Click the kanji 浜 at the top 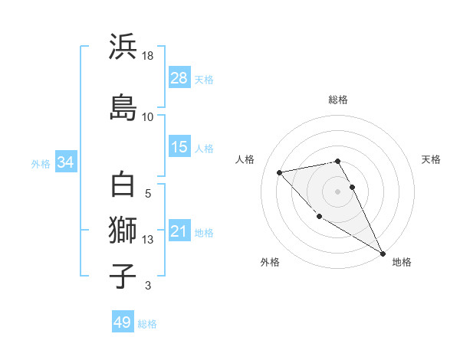click(x=123, y=47)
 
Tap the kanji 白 click(x=123, y=185)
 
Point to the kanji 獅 click(x=123, y=229)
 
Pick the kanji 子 click(x=123, y=276)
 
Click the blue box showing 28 click(x=179, y=78)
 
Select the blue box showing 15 click(x=179, y=147)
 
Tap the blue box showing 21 click(x=179, y=232)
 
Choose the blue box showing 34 click(x=65, y=162)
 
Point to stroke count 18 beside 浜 click(x=148, y=57)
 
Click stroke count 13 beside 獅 click(x=148, y=240)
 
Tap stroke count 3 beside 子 click(x=148, y=286)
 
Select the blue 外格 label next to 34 click(x=41, y=163)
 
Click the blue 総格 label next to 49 click(x=147, y=323)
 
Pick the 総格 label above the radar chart click(x=338, y=100)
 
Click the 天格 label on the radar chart click(x=432, y=159)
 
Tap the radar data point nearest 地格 click(x=383, y=253)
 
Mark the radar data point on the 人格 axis click(x=280, y=172)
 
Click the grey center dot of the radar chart click(x=338, y=191)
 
